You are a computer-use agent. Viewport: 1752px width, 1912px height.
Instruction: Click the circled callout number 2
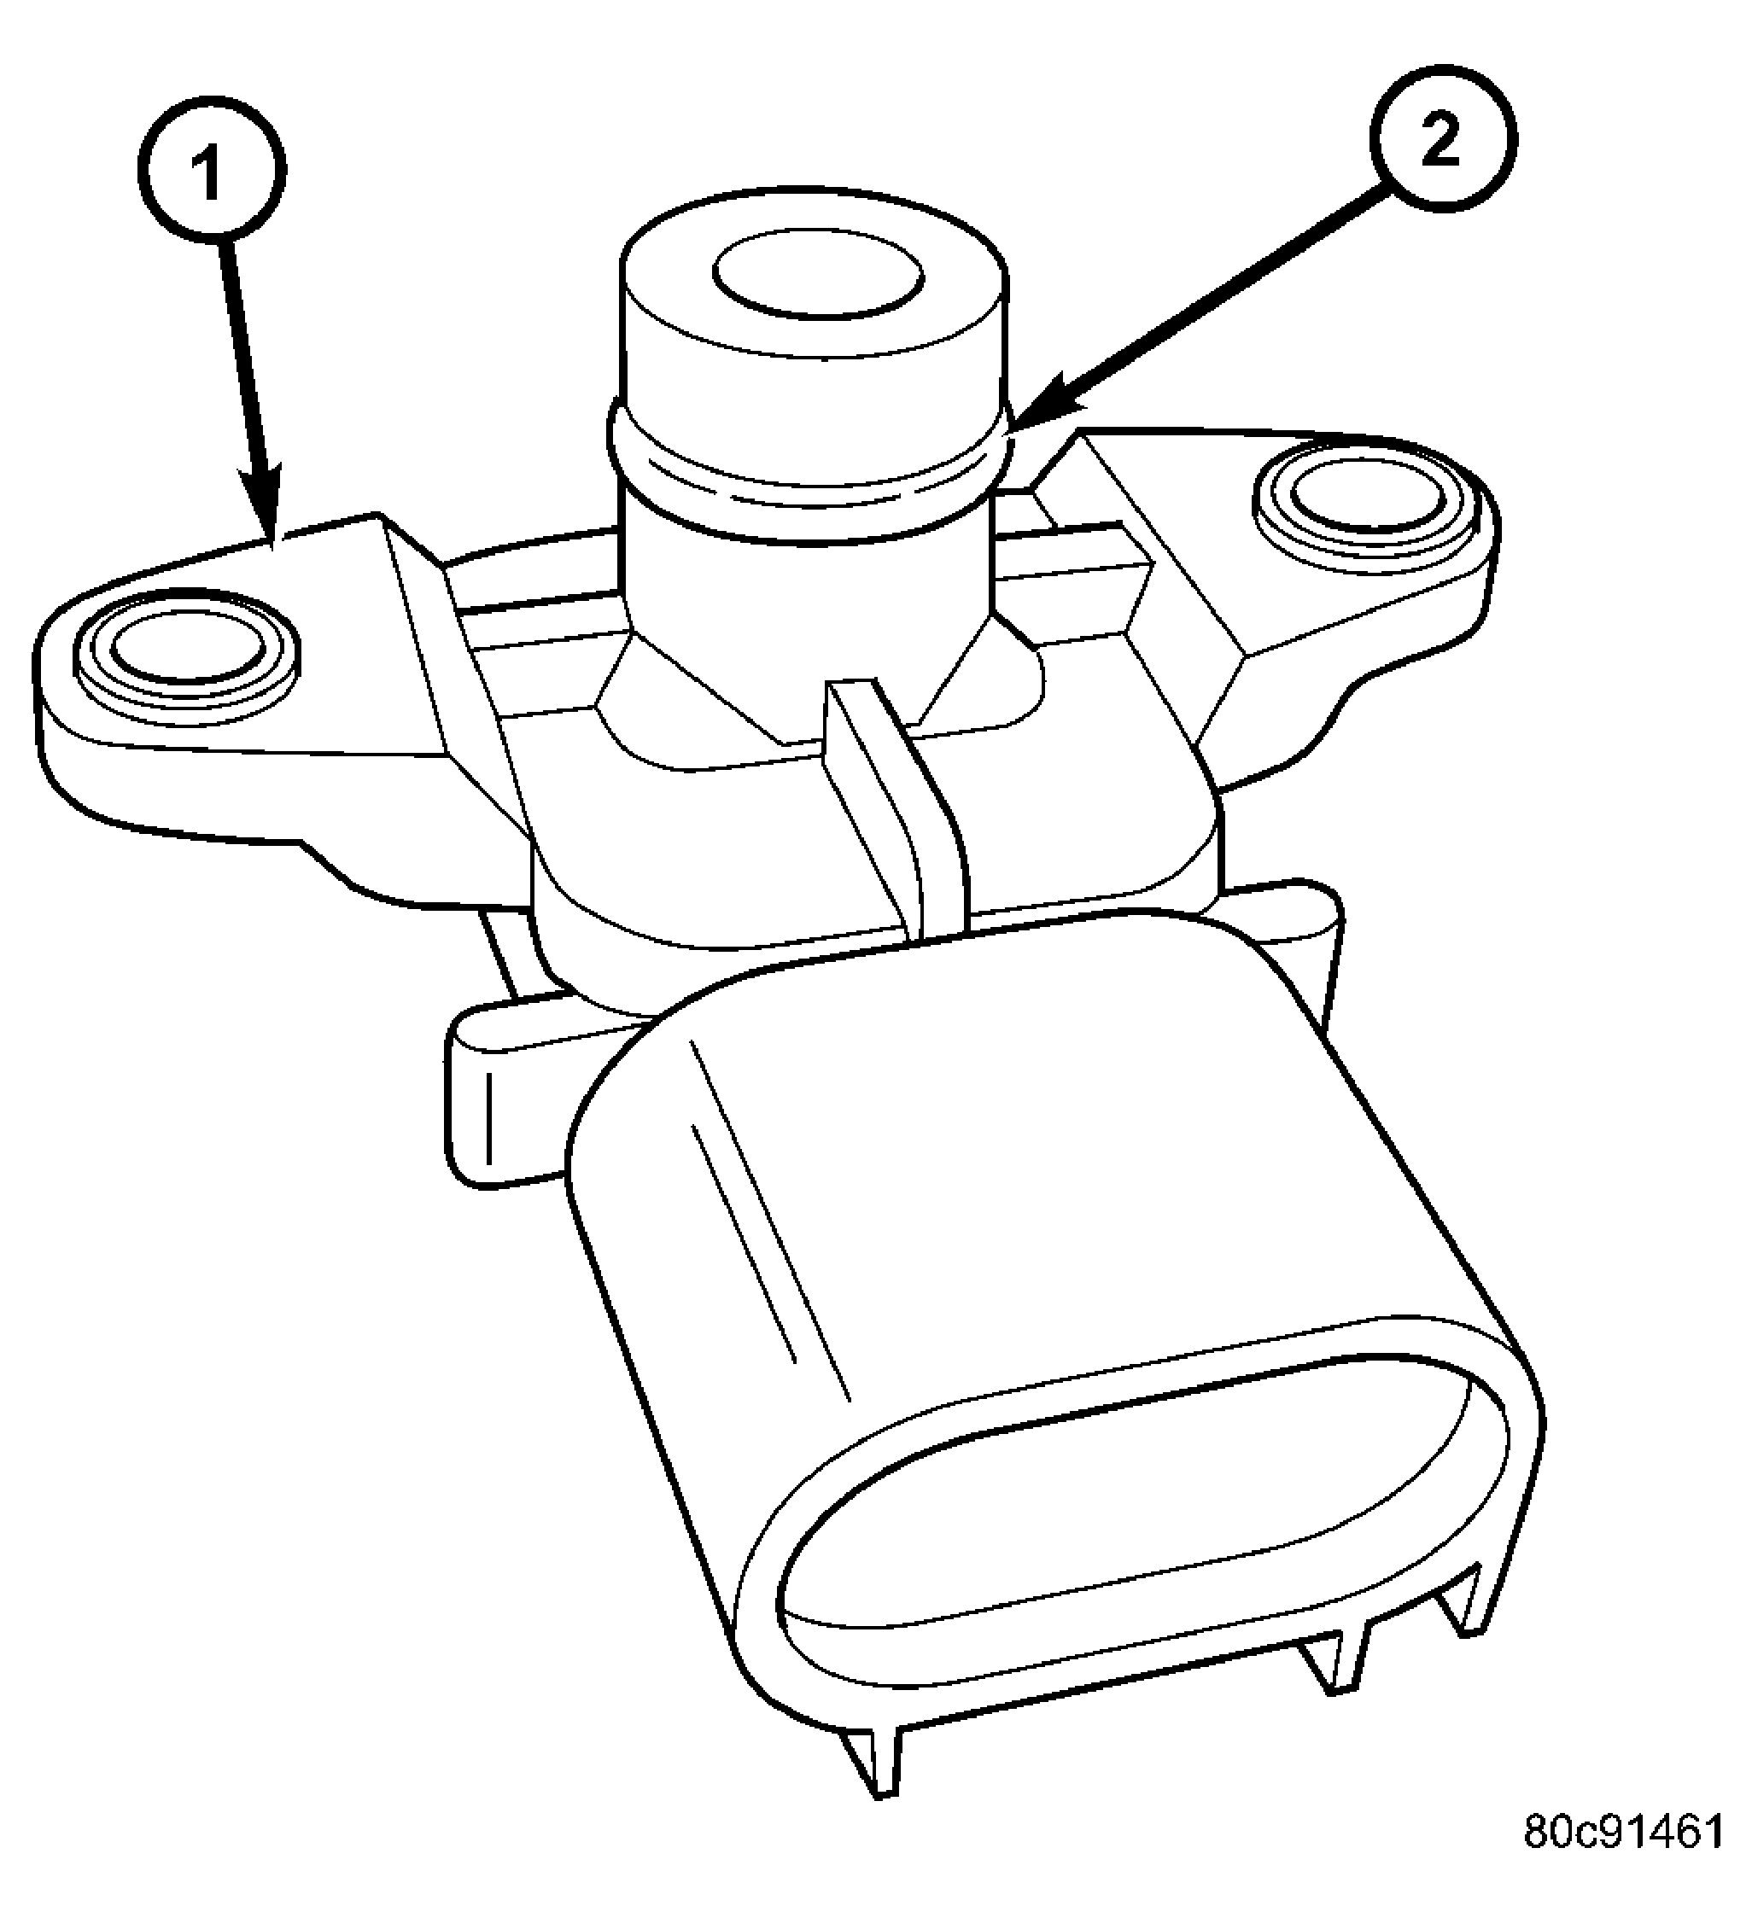coord(1442,138)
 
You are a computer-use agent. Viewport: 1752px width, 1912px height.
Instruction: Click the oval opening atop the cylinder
coord(819,275)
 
